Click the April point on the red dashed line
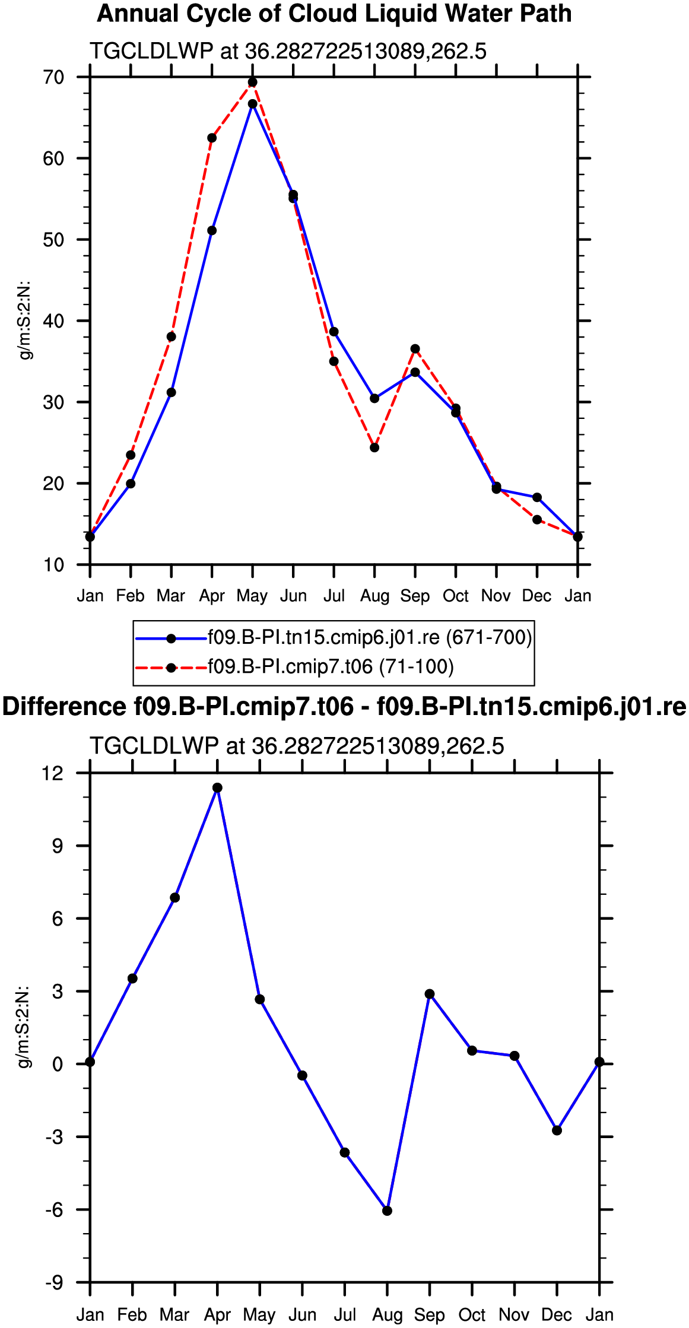pos(212,138)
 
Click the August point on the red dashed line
pos(374,447)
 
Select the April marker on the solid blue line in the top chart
pos(212,231)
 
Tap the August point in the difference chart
pos(388,1211)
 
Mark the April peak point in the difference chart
pos(217,788)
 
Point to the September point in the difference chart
pos(430,994)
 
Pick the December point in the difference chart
pos(557,1130)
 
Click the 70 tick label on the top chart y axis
pos(53,77)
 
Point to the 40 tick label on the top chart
pos(53,321)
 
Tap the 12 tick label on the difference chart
pos(52,773)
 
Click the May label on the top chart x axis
pos(252,596)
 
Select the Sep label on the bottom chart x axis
pos(430,1315)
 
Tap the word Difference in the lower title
pos(64,707)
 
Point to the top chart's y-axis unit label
pos(25,321)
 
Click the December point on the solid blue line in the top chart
pos(537,497)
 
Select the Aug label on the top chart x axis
pos(374,596)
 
